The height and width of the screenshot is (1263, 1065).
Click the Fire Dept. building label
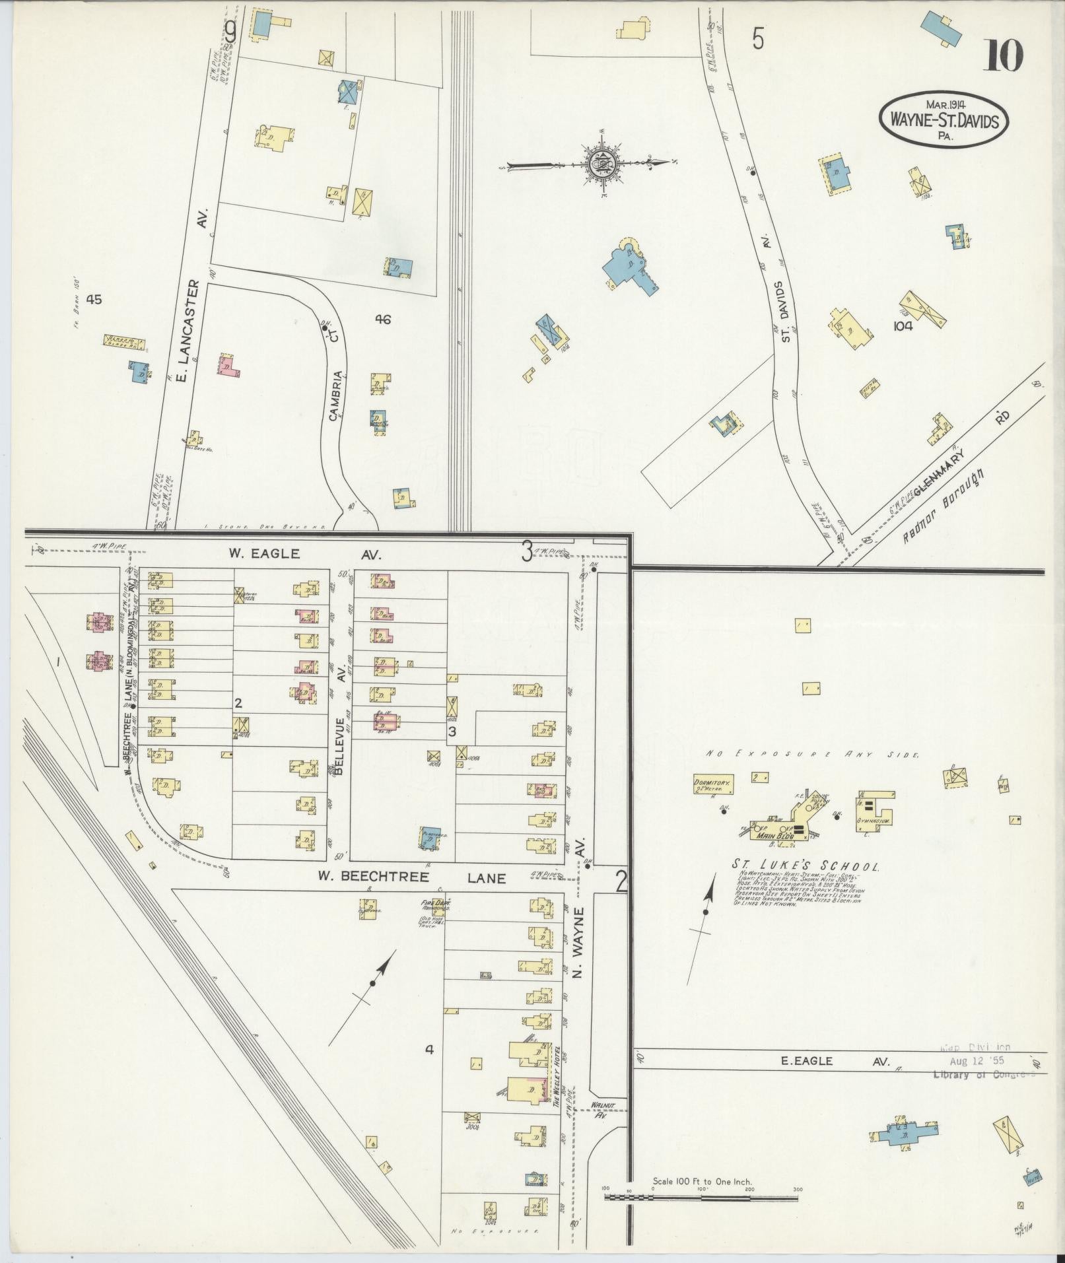[x=435, y=905]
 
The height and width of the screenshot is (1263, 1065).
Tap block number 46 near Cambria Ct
[x=383, y=320]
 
